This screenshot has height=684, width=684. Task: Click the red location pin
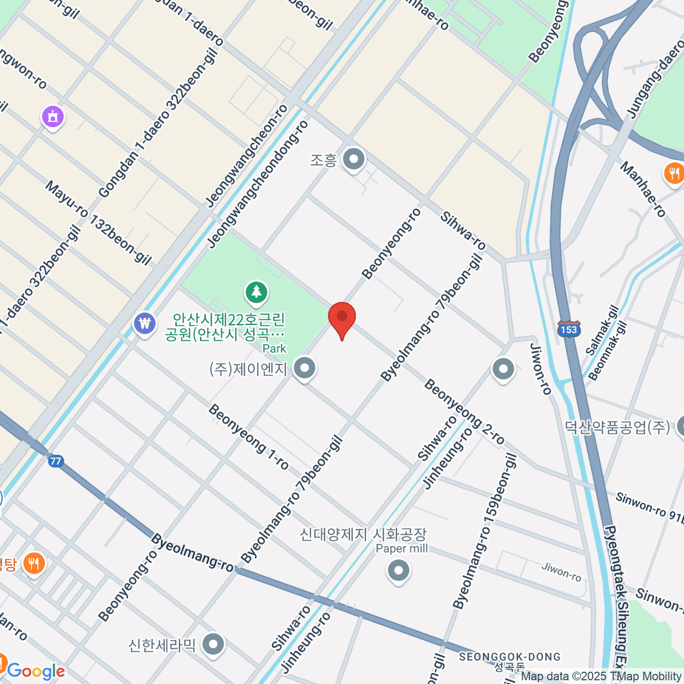tap(342, 317)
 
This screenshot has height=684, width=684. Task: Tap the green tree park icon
tap(256, 292)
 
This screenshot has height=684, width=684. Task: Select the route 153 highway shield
tap(569, 329)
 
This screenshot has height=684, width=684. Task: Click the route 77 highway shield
tap(55, 461)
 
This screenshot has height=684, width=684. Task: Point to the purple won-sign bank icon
tap(146, 324)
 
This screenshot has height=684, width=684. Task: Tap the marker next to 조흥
tap(354, 159)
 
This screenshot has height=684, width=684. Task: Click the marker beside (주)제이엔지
tap(305, 368)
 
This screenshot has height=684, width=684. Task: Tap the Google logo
tap(35, 671)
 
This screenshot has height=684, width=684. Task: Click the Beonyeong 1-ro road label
tap(249, 437)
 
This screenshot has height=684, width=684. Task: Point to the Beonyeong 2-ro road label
tap(465, 412)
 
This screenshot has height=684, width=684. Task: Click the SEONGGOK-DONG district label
tap(510, 657)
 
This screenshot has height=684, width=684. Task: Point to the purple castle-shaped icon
tap(53, 117)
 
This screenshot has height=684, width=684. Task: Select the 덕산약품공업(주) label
tap(617, 426)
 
